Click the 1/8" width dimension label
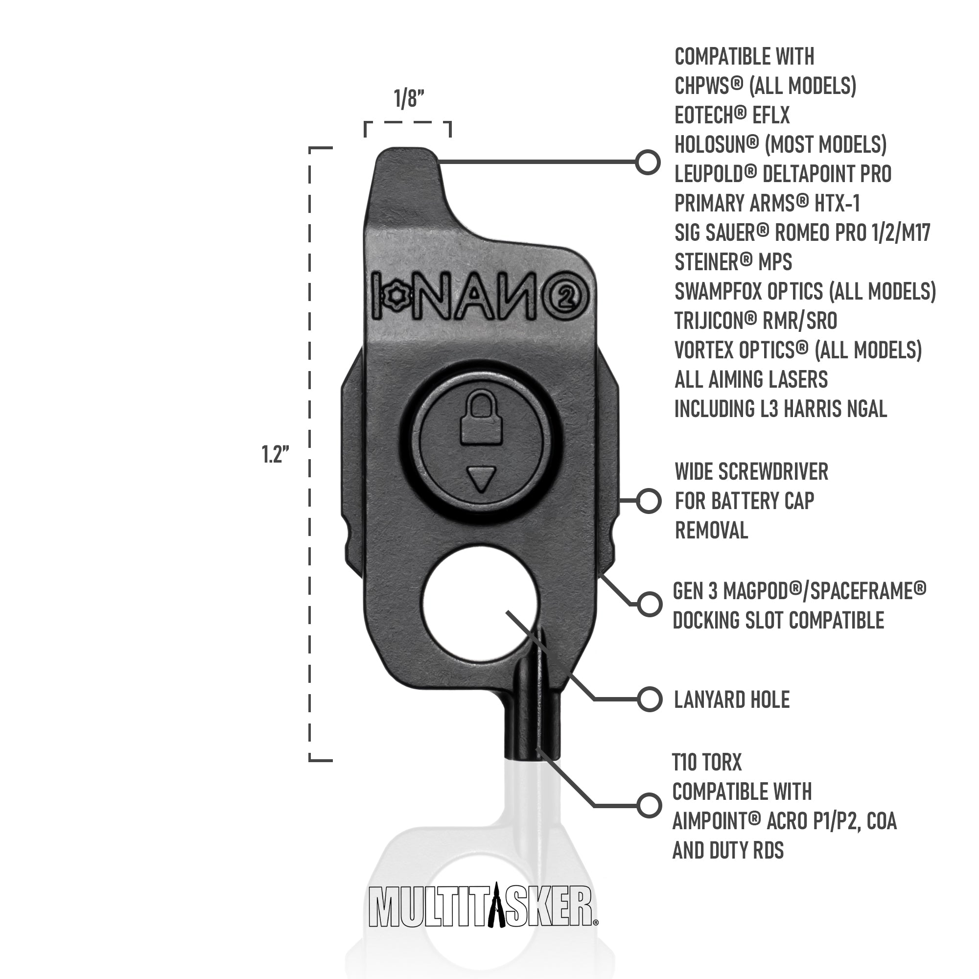click(409, 99)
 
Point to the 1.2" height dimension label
click(275, 455)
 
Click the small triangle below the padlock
click(481, 479)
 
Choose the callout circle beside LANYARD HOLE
click(650, 699)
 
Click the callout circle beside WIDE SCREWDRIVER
click(649, 501)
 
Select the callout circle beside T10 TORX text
click(649, 805)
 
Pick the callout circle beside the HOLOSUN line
click(648, 162)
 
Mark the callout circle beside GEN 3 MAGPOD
click(650, 604)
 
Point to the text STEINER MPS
click(733, 262)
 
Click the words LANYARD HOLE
click(732, 700)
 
